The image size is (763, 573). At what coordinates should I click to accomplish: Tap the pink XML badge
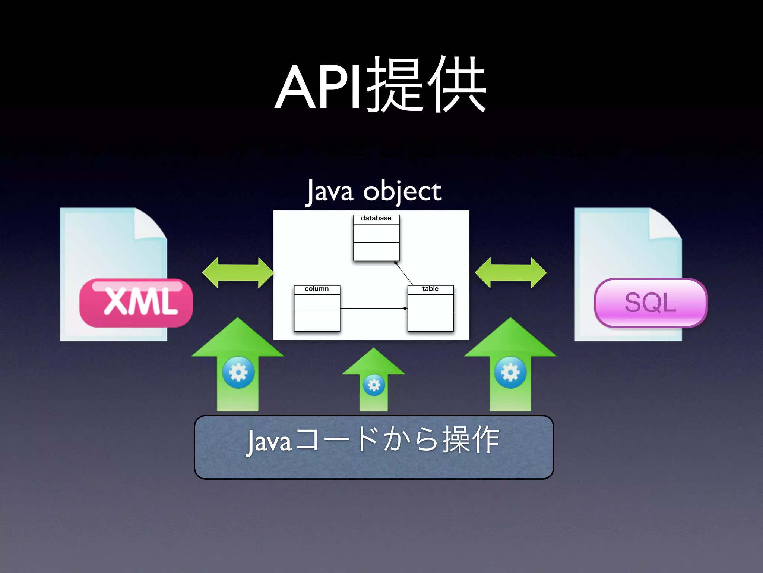pyautogui.click(x=136, y=303)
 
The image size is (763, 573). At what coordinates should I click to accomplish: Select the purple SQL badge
pyautogui.click(x=650, y=303)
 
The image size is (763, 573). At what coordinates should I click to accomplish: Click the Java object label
pyautogui.click(x=374, y=191)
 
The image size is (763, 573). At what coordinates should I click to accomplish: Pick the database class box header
pyautogui.click(x=376, y=219)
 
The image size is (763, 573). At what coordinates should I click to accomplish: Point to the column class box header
pyautogui.click(x=317, y=289)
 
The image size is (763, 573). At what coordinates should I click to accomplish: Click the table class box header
pyautogui.click(x=430, y=289)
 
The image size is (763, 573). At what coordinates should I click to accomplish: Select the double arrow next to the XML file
pyautogui.click(x=238, y=273)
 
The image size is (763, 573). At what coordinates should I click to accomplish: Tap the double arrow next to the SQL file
pyautogui.click(x=510, y=273)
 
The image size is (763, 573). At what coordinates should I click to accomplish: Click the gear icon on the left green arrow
pyautogui.click(x=238, y=372)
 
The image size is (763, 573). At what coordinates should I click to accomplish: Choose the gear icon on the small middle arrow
pyautogui.click(x=374, y=385)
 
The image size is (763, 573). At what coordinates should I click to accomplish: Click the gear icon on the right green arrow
pyautogui.click(x=510, y=372)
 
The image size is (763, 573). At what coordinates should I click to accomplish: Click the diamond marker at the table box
pyautogui.click(x=405, y=309)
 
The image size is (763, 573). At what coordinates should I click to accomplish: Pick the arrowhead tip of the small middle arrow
pyautogui.click(x=374, y=350)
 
